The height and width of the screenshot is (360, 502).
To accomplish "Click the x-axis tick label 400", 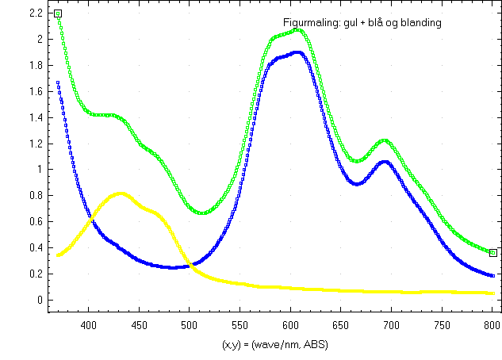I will click(x=88, y=324).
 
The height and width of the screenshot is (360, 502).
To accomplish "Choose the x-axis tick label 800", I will click(x=492, y=324).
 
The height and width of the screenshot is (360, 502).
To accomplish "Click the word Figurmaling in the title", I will click(x=309, y=23).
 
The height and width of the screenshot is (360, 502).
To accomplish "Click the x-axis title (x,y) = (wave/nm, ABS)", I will click(x=275, y=345).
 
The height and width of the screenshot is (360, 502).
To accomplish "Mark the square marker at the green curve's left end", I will click(x=58, y=13).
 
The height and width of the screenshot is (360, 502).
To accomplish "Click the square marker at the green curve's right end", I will click(x=492, y=253).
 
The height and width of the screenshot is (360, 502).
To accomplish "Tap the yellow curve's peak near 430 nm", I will click(x=121, y=193).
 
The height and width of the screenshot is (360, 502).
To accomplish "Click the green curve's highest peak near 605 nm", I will click(x=297, y=29).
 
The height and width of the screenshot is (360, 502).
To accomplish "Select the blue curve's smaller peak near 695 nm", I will click(x=385, y=161).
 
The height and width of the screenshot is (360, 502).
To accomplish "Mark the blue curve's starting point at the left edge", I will click(x=58, y=82).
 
